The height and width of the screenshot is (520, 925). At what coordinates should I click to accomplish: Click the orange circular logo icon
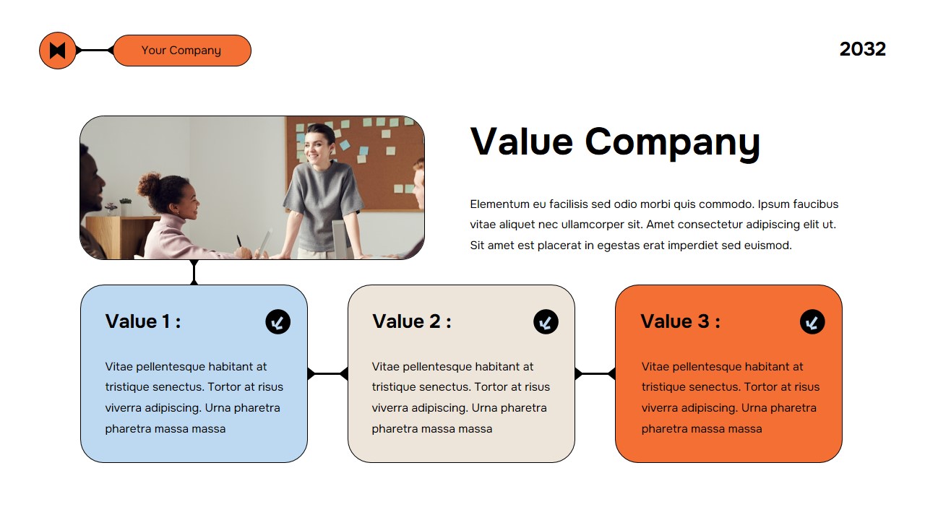tap(58, 51)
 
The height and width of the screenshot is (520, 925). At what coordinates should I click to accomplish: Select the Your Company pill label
tap(181, 51)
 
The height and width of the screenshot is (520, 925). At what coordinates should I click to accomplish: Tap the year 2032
tap(862, 49)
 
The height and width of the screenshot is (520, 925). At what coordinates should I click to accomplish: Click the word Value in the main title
tap(521, 142)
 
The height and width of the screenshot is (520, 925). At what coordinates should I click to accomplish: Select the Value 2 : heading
tap(411, 321)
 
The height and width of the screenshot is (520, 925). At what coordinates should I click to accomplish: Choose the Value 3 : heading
tap(680, 321)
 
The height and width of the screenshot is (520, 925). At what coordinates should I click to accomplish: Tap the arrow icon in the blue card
tap(277, 322)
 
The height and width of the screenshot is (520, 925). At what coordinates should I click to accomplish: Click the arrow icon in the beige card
tap(546, 322)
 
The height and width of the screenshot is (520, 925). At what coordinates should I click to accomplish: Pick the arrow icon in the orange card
tap(812, 322)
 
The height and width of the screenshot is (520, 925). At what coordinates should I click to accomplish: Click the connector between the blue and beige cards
tap(327, 373)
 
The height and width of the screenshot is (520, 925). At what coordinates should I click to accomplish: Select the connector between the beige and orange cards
tap(595, 373)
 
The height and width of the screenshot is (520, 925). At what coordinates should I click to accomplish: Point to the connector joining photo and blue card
tap(194, 272)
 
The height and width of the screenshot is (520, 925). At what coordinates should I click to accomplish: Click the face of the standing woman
tap(318, 144)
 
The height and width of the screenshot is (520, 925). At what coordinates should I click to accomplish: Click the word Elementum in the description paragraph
tap(499, 204)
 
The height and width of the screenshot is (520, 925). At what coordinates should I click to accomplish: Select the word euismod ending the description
tap(768, 246)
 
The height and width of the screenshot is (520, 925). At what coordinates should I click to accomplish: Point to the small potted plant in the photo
tap(111, 208)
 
